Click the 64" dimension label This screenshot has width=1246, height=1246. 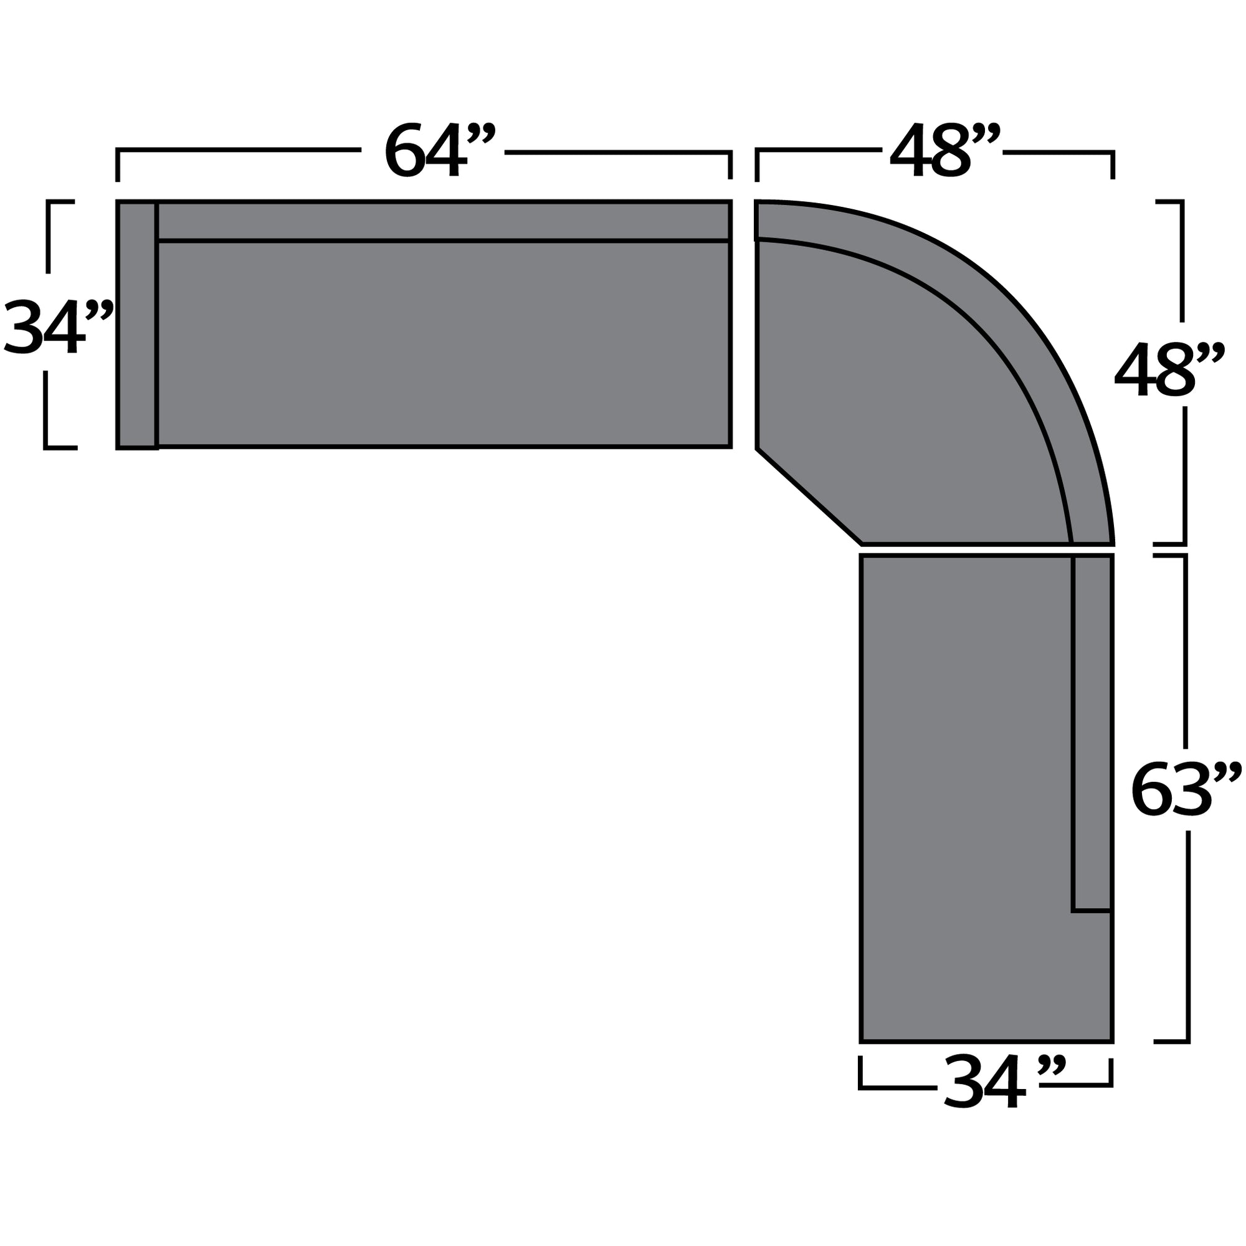point(439,150)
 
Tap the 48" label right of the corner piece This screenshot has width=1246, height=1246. point(1168,369)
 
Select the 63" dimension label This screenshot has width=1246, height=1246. point(1184,791)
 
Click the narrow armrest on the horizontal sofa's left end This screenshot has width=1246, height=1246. point(136,325)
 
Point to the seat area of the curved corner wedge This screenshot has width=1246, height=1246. point(903,400)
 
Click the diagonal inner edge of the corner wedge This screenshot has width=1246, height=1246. point(810,496)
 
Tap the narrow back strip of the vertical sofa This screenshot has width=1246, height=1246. point(1092,729)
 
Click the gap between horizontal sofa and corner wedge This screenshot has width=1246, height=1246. point(744,323)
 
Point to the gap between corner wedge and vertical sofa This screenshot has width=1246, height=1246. point(987,549)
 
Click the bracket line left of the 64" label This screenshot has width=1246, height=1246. point(239,150)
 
